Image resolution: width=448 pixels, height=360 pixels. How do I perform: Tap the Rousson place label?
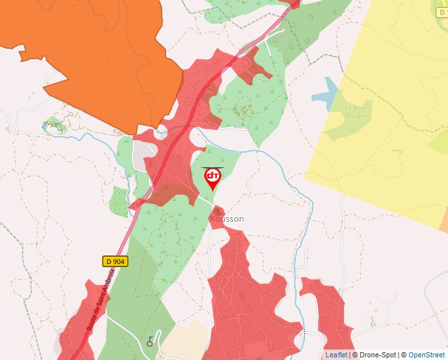click(x=227, y=219)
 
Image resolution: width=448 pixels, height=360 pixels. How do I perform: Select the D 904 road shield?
click(x=115, y=261)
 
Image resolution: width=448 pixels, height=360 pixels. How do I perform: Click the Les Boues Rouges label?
click(x=356, y=112)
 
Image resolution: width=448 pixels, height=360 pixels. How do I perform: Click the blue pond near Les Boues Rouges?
click(x=327, y=92)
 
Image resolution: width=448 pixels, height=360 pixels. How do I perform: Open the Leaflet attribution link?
click(x=336, y=355)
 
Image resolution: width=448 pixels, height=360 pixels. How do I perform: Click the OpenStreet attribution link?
click(x=426, y=355)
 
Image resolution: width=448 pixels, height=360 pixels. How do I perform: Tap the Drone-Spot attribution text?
click(x=376, y=355)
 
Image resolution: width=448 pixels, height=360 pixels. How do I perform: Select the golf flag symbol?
click(x=151, y=341)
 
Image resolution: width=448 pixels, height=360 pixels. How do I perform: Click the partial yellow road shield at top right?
click(x=442, y=12)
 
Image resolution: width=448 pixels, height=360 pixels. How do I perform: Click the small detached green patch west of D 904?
click(x=119, y=201)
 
